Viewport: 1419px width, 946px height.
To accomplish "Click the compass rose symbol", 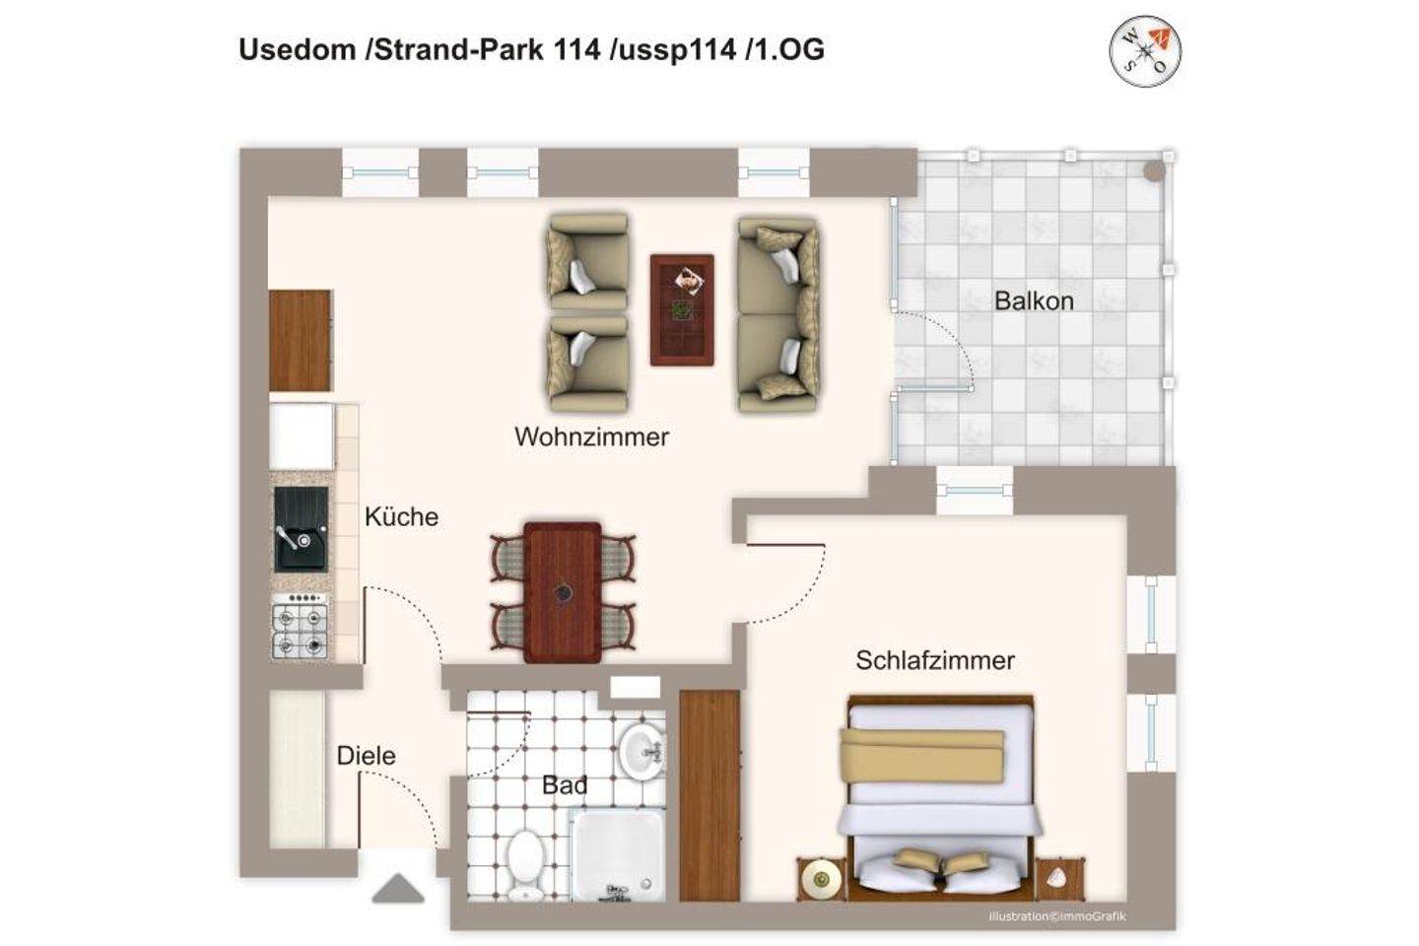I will [x=1146, y=50].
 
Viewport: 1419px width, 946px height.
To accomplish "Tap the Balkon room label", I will [x=1034, y=301].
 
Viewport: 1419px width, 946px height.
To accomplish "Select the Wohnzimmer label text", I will [x=591, y=437].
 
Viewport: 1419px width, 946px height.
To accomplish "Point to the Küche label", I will [x=401, y=516].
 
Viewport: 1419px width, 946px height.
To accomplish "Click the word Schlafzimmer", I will [x=934, y=660].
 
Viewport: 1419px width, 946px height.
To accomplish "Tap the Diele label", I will [x=366, y=756].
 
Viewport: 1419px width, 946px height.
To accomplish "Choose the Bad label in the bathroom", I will [x=565, y=785].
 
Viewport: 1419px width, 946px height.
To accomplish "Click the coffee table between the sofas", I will [x=682, y=309].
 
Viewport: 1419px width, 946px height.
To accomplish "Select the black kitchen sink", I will [x=301, y=530].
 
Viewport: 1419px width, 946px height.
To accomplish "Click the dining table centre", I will [x=563, y=592].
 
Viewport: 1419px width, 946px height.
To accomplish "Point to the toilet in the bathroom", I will [x=526, y=859].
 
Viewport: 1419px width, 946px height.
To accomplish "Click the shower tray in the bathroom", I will [x=619, y=853].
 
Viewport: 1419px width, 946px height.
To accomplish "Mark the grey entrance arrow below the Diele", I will [x=398, y=890].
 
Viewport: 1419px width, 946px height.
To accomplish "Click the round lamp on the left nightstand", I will [x=820, y=876].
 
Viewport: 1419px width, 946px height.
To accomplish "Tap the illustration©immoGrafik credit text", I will [x=1056, y=916].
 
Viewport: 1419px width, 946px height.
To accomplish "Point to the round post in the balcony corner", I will [x=1154, y=170].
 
